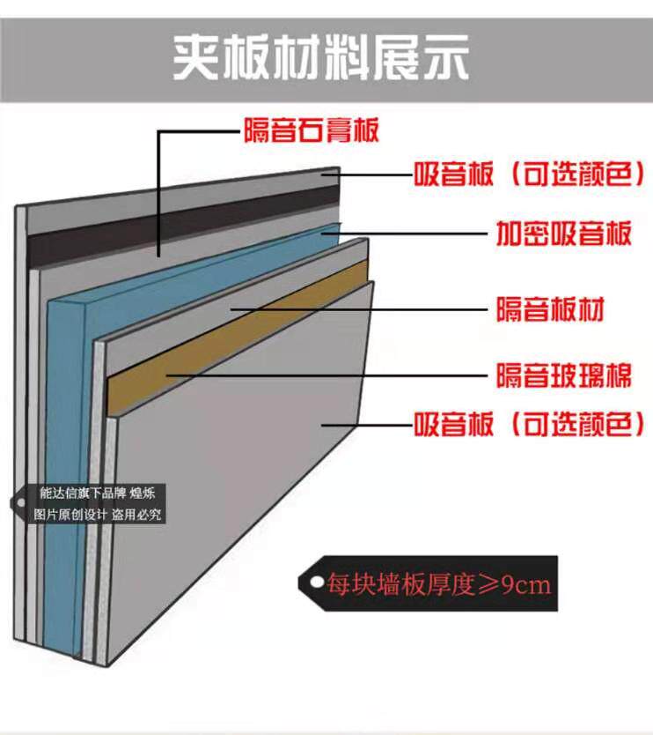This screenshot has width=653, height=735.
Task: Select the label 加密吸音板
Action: (x=563, y=234)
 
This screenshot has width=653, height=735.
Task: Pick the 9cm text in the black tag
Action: (x=526, y=583)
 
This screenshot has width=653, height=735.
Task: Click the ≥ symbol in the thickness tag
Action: (x=488, y=583)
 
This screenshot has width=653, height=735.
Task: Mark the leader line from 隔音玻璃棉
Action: (x=352, y=375)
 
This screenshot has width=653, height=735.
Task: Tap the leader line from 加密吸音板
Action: (x=414, y=234)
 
